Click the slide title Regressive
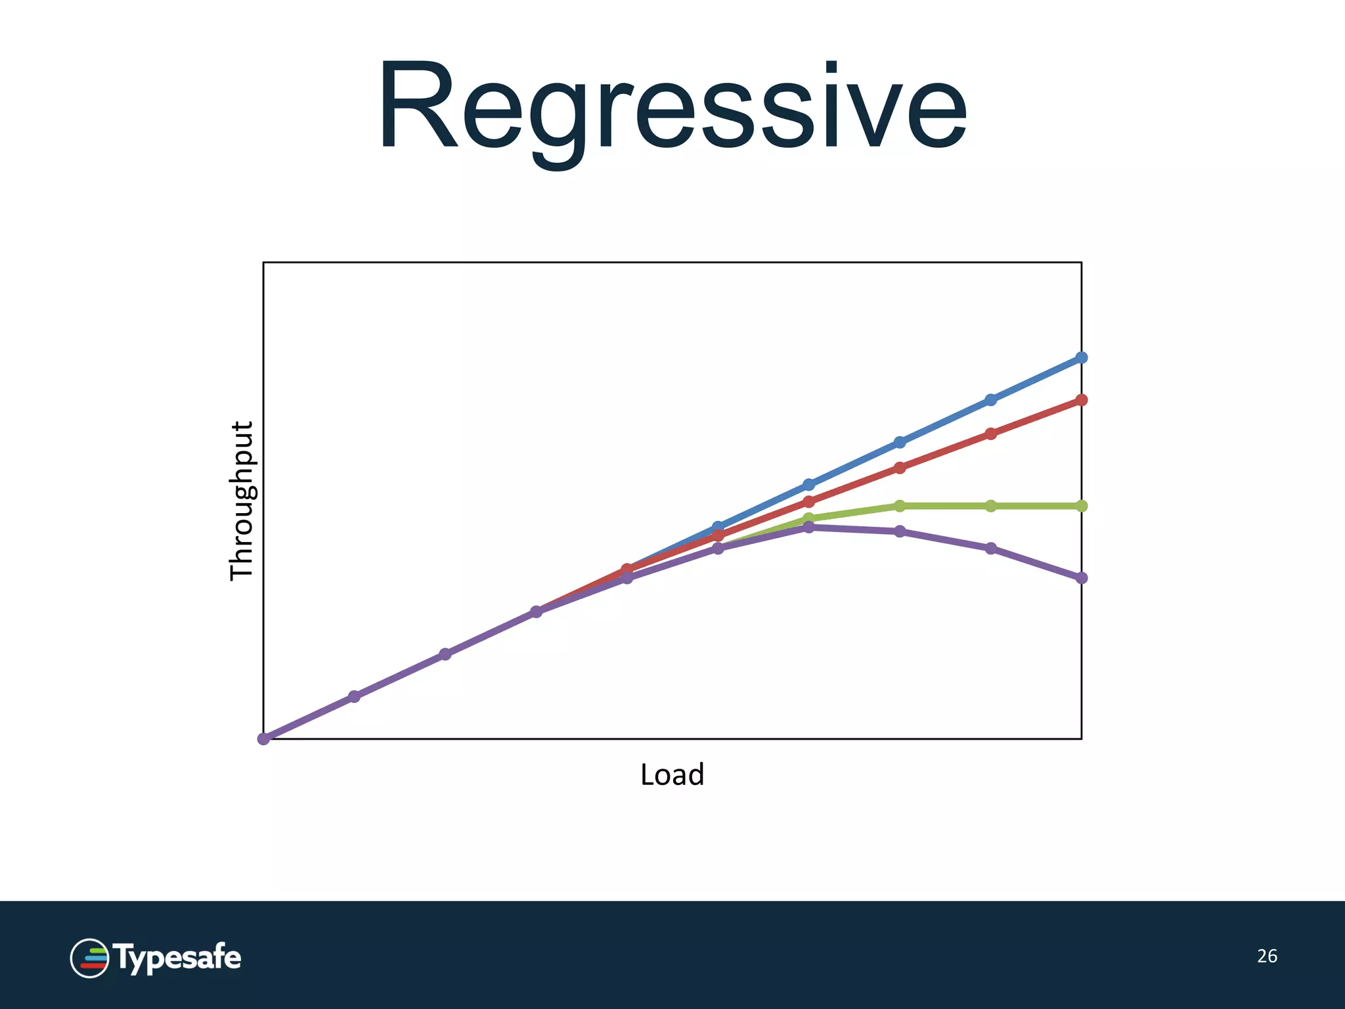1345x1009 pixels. pyautogui.click(x=672, y=107)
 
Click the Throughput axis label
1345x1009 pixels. pyautogui.click(x=242, y=501)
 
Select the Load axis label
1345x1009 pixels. pyautogui.click(x=672, y=774)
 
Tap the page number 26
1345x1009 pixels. pyautogui.click(x=1267, y=956)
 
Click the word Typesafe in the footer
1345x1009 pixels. pyautogui.click(x=179, y=958)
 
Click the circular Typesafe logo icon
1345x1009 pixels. pyautogui.click(x=89, y=958)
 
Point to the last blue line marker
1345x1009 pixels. pyautogui.click(x=1082, y=357)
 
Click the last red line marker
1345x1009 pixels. pyautogui.click(x=1082, y=399)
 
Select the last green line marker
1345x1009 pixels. pyautogui.click(x=1082, y=506)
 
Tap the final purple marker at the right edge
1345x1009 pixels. pyautogui.click(x=1082, y=578)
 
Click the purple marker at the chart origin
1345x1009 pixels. pyautogui.click(x=263, y=739)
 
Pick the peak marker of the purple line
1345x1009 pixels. pyautogui.click(x=809, y=527)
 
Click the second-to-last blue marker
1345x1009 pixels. pyautogui.click(x=991, y=399)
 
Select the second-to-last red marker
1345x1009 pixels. pyautogui.click(x=991, y=434)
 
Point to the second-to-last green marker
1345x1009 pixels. pyautogui.click(x=991, y=506)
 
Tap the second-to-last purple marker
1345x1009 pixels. pyautogui.click(x=991, y=548)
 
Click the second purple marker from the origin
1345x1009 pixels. pyautogui.click(x=354, y=696)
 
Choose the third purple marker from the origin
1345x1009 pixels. pyautogui.click(x=445, y=654)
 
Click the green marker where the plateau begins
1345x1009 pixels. pyautogui.click(x=900, y=506)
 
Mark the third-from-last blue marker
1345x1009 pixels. pyautogui.click(x=900, y=442)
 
